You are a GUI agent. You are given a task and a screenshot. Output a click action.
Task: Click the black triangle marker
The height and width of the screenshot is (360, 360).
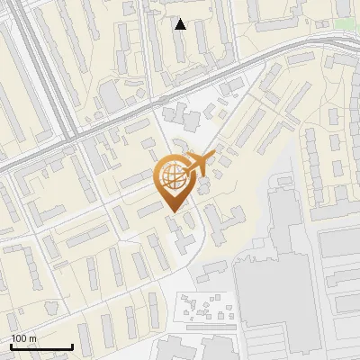pos(181,24)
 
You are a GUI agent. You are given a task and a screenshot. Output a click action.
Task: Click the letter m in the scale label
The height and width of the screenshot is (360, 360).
pos(33,339)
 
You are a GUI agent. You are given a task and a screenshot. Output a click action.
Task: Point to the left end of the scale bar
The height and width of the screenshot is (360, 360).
pos(11,347)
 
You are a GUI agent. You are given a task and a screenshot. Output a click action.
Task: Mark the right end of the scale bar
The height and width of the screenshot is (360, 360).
pos(72,347)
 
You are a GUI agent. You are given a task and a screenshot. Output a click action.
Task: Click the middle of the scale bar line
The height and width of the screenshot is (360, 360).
pos(41,347)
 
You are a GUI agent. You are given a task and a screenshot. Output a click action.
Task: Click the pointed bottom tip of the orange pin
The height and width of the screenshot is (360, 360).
pos(172,213)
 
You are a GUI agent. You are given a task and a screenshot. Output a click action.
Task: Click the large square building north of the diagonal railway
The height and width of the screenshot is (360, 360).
pos(112,95)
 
